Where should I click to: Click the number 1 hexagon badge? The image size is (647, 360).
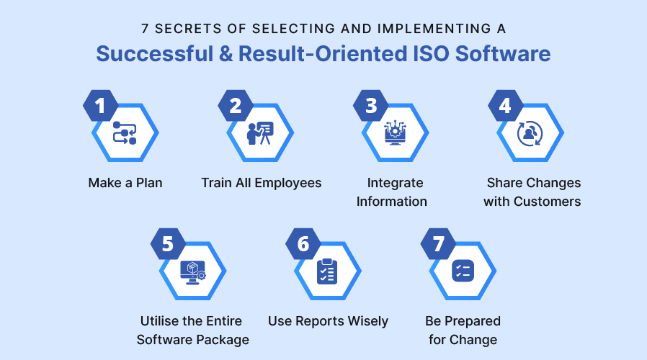[100, 107]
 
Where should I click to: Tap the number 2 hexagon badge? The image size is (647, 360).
[235, 107]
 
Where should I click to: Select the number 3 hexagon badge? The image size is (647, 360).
[370, 107]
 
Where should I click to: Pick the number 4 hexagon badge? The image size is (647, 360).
[505, 107]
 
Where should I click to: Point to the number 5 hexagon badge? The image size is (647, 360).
[168, 244]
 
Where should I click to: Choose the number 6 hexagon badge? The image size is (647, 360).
[303, 244]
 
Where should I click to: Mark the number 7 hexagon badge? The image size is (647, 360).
[438, 244]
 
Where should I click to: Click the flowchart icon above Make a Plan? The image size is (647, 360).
[125, 133]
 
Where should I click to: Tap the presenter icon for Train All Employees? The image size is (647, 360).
[260, 133]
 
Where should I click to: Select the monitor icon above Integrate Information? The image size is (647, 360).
[395, 133]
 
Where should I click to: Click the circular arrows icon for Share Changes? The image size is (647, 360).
[530, 133]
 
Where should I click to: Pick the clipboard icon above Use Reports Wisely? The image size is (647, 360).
[327, 271]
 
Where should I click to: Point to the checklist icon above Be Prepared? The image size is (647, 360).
[463, 271]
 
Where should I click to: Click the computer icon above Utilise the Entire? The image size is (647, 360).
[192, 271]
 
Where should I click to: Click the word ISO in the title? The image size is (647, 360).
[429, 55]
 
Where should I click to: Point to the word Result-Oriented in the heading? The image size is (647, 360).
[323, 55]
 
